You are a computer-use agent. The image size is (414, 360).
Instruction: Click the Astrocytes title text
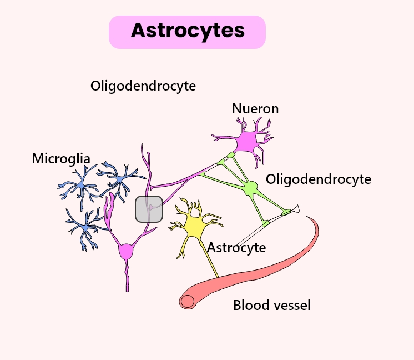[188, 31]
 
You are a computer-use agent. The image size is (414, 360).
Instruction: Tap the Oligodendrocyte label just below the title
[143, 86]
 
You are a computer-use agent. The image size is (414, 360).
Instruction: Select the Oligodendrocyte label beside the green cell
[319, 179]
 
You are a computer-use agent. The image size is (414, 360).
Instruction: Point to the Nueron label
[255, 108]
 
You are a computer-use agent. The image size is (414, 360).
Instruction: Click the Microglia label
[61, 158]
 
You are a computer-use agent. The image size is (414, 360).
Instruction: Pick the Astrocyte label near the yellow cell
[236, 247]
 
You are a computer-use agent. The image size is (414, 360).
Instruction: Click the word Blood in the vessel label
[248, 305]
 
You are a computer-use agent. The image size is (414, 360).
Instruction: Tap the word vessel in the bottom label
[288, 305]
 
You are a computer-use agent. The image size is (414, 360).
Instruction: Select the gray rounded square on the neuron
[149, 209]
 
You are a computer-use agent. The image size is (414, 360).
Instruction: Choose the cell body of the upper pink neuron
[245, 141]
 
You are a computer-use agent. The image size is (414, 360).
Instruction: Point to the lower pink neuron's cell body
[127, 252]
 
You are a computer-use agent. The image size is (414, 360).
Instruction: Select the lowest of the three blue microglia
[85, 228]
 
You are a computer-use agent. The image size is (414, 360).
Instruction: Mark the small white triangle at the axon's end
[298, 209]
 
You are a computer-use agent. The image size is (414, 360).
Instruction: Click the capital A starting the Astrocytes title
[138, 31]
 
